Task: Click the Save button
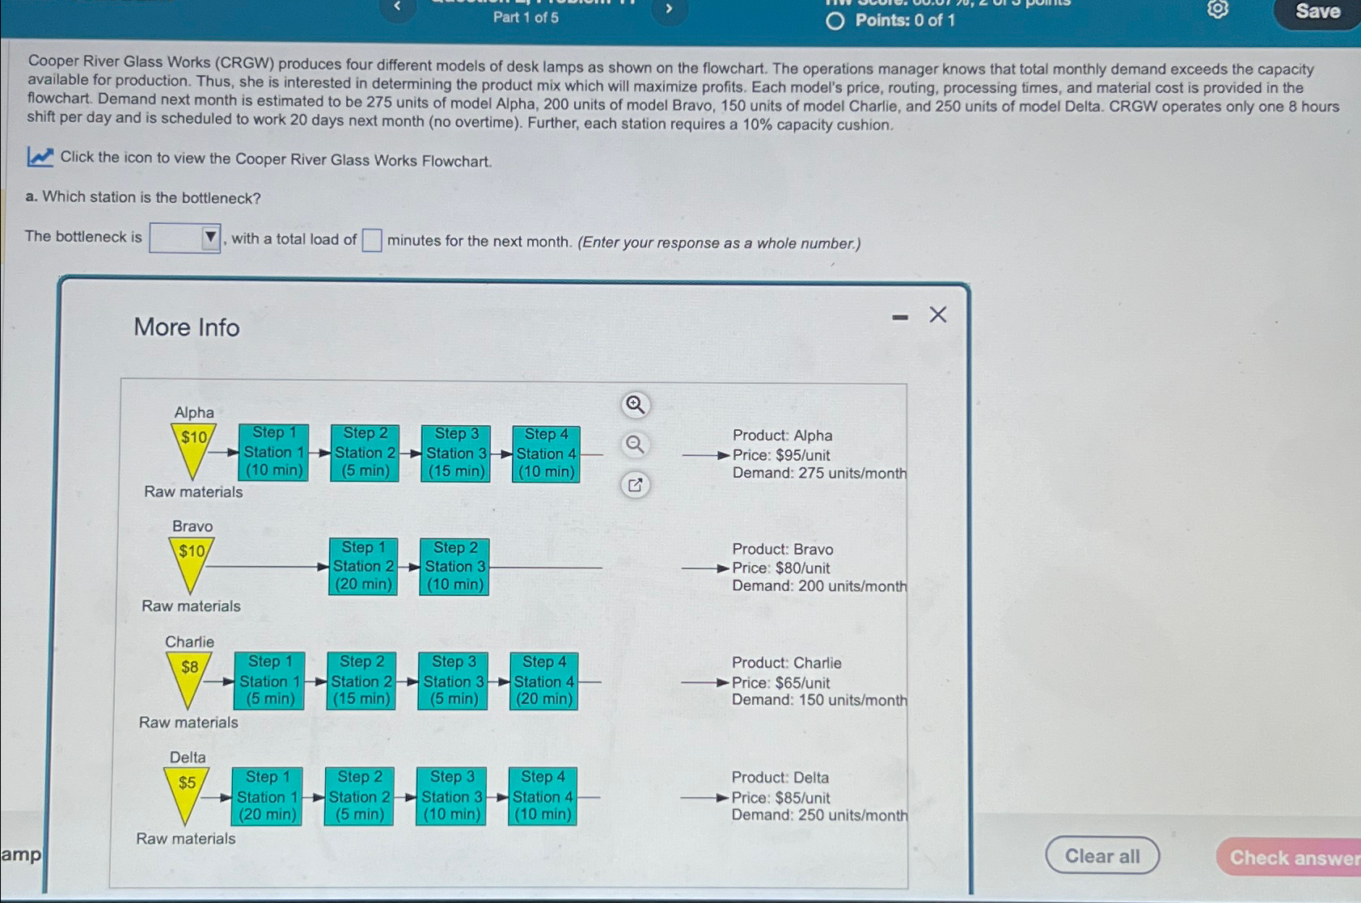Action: pos(1317,11)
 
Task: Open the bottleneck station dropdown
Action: pos(185,238)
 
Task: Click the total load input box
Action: pos(371,240)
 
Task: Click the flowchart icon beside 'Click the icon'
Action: pos(40,157)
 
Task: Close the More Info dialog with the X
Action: pos(937,314)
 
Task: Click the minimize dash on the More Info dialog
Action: pos(900,318)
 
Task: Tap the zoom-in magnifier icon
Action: pos(635,404)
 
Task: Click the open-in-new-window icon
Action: pos(635,485)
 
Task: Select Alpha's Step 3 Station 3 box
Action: pos(456,454)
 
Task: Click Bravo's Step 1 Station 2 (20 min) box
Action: pos(363,567)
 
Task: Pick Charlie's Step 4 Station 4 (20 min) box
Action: pos(543,681)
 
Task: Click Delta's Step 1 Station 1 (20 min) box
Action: pos(267,796)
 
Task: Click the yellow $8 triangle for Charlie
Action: pos(189,675)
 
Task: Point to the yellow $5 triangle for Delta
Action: pos(187,790)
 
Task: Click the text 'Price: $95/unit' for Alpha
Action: pos(780,455)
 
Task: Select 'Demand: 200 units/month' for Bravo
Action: pos(818,586)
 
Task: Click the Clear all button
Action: pos(1101,855)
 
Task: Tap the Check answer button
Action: pos(1292,857)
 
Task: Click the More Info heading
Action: pos(187,327)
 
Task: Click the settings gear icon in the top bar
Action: pos(1217,9)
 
